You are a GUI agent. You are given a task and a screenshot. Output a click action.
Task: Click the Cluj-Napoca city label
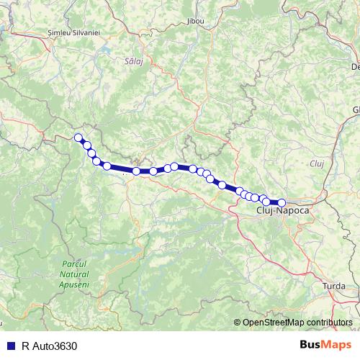click(x=283, y=211)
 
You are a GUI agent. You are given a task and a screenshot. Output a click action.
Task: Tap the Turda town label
click(x=334, y=286)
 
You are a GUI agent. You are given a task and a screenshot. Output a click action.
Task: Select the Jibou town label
click(x=195, y=21)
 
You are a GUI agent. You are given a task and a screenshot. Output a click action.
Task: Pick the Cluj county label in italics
click(x=318, y=164)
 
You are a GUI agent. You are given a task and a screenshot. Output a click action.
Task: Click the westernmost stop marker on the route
click(x=78, y=137)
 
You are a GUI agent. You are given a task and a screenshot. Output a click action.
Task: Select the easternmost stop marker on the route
click(x=282, y=203)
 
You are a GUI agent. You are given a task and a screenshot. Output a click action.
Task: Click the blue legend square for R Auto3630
click(x=10, y=346)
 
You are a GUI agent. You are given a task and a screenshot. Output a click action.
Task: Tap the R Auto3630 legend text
click(x=49, y=346)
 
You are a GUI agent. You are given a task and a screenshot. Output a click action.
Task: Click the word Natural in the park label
click(x=74, y=274)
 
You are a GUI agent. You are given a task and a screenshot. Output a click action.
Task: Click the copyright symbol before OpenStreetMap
click(x=237, y=323)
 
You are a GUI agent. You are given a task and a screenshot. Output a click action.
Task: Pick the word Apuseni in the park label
click(x=74, y=284)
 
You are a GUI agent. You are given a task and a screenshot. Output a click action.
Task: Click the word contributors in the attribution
click(x=328, y=323)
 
